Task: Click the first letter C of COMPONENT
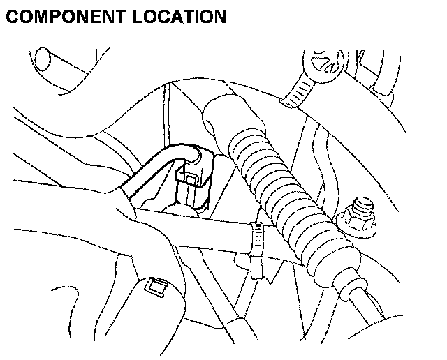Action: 12,16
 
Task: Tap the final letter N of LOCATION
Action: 219,16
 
